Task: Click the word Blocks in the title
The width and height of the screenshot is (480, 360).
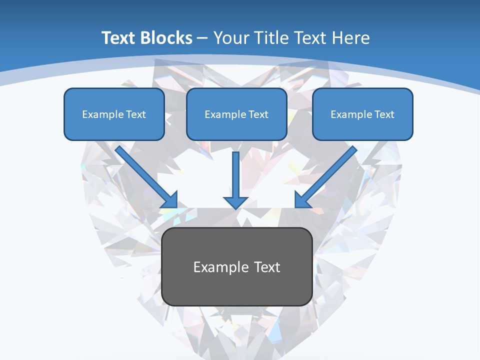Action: pyautogui.click(x=167, y=38)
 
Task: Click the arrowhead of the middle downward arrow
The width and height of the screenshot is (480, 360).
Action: pyautogui.click(x=236, y=202)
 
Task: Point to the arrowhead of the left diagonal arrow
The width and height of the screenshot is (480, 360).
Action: pyautogui.click(x=170, y=199)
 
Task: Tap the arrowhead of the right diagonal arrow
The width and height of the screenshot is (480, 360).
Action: pyautogui.click(x=302, y=199)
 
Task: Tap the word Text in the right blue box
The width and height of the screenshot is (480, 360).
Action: pyautogui.click(x=384, y=114)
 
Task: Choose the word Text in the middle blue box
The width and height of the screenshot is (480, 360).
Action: pyautogui.click(x=258, y=114)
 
